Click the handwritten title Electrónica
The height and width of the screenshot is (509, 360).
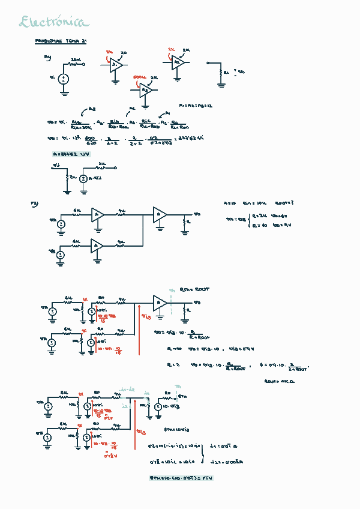tap(53, 23)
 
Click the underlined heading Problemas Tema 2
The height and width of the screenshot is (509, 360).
tap(62, 41)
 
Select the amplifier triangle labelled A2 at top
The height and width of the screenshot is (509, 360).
tap(178, 62)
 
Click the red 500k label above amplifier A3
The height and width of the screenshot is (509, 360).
tap(140, 77)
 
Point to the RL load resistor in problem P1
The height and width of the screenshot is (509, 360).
tap(221, 72)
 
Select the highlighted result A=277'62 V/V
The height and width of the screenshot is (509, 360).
tap(75, 154)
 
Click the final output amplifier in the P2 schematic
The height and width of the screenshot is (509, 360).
tap(160, 214)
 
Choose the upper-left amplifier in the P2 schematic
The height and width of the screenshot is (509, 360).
tap(98, 214)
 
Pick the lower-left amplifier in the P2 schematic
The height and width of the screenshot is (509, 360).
tap(98, 245)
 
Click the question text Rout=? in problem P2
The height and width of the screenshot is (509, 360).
tap(284, 203)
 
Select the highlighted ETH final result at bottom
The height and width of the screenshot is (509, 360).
tap(181, 478)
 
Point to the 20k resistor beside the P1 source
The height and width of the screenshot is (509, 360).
tap(76, 62)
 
